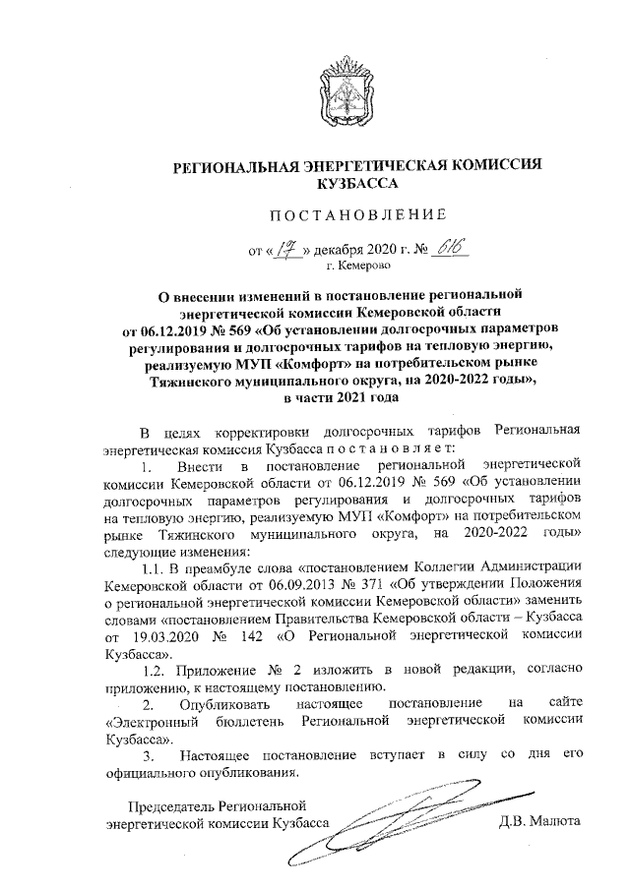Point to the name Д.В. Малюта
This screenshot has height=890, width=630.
(540, 821)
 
